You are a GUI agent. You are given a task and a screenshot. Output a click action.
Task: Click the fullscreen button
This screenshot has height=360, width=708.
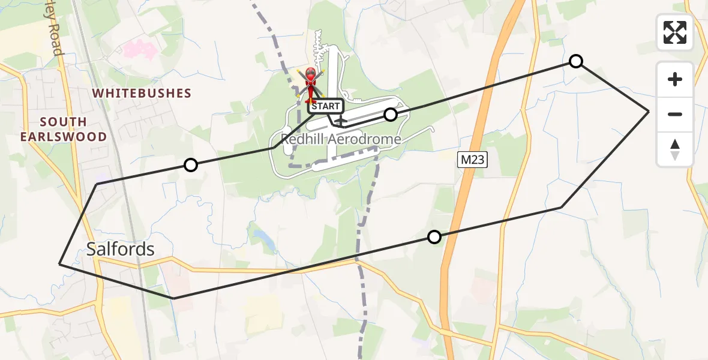tap(675, 32)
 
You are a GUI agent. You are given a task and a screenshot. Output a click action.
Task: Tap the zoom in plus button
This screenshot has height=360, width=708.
tap(675, 79)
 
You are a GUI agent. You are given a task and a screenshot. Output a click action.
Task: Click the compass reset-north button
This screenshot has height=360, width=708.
tap(675, 149)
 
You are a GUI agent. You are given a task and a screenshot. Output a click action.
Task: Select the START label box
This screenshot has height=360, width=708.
tap(326, 106)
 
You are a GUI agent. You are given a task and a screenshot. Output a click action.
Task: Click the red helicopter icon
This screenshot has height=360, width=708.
tap(311, 83)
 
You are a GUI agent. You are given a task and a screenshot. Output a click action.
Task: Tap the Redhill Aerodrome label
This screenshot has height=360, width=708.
tap(341, 140)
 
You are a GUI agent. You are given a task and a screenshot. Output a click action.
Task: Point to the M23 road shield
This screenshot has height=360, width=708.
tap(471, 160)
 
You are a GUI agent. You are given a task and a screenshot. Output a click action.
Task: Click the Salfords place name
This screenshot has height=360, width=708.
tap(121, 249)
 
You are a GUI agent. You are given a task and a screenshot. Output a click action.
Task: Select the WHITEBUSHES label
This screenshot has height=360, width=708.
tap(142, 94)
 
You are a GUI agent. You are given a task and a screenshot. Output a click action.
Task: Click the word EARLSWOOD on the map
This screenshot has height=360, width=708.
tap(64, 136)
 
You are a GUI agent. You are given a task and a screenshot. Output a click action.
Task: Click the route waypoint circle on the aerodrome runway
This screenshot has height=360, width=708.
tap(391, 115)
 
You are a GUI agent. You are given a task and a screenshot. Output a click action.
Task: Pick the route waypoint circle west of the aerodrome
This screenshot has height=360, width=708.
tap(190, 165)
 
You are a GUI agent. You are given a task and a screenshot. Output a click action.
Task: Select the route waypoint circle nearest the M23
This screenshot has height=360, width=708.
tap(434, 237)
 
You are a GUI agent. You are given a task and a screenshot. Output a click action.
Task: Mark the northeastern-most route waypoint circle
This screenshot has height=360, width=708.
tap(575, 61)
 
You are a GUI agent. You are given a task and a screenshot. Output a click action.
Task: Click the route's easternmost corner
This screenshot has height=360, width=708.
tap(649, 112)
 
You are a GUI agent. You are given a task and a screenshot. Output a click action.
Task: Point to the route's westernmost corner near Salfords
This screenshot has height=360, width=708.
tap(59, 263)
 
